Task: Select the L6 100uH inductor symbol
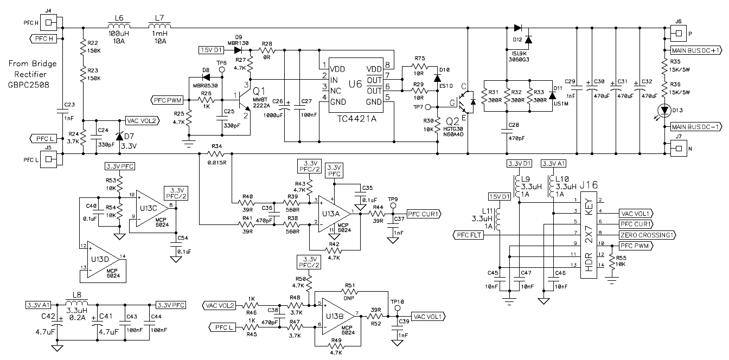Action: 119,27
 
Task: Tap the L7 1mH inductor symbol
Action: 160,27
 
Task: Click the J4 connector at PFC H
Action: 49,23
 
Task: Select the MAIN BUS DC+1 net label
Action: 696,50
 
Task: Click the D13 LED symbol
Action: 663,110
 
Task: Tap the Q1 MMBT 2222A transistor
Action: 242,100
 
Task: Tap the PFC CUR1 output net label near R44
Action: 424,213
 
